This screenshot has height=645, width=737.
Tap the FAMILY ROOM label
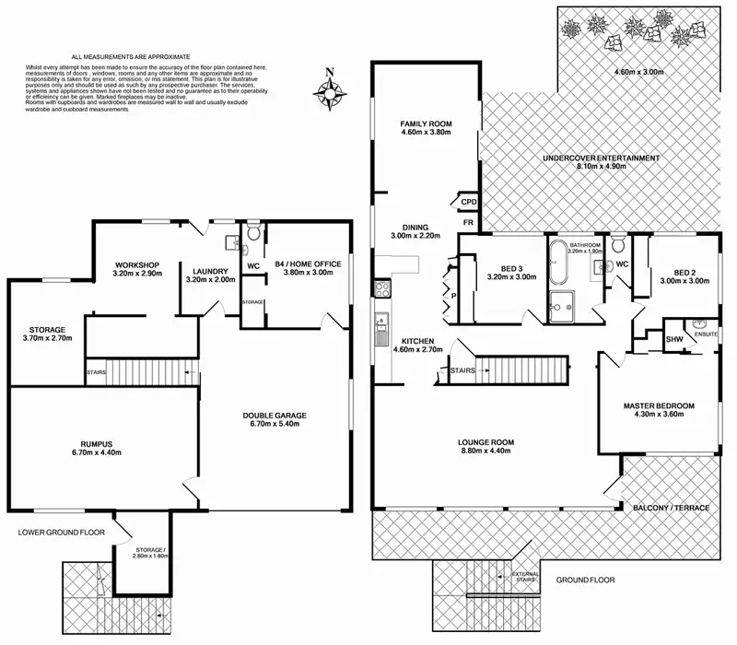tap(423, 123)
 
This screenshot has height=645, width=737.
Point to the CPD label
tap(468, 202)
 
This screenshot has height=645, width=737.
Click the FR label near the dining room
tap(468, 223)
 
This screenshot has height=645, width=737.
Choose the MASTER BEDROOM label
tap(659, 405)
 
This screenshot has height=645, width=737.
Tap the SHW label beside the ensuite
tap(675, 339)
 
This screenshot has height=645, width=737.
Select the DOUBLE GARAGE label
tap(275, 416)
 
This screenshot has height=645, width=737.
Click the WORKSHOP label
tap(137, 264)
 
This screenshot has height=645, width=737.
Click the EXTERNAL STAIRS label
tap(526, 578)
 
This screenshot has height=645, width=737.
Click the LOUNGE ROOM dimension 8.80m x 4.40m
tap(487, 452)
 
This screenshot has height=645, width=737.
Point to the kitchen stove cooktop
tap(381, 289)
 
